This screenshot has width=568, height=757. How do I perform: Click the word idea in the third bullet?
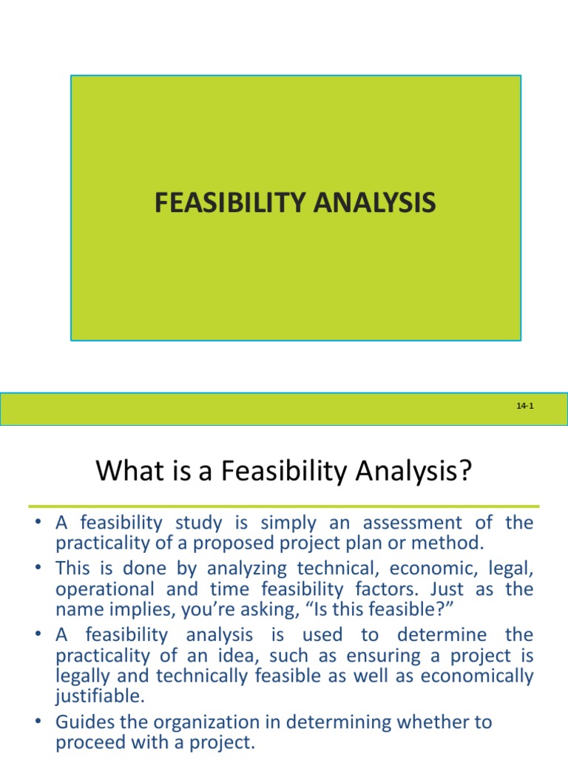(240, 656)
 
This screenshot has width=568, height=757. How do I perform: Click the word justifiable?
(97, 696)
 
